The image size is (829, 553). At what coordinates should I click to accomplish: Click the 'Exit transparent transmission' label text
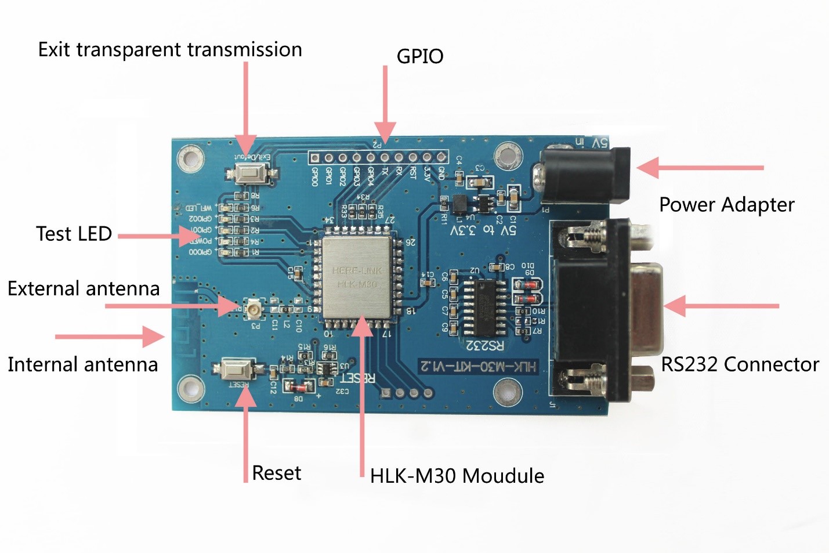point(170,50)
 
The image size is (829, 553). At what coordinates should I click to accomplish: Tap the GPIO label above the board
point(420,56)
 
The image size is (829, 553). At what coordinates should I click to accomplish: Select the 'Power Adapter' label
point(726,205)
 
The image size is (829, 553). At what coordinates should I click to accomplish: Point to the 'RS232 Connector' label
point(740,364)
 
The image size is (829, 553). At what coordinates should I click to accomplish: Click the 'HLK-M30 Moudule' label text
point(457,476)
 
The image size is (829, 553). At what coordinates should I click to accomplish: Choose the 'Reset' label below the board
point(277,473)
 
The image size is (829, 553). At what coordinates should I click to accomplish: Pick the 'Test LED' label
point(74,234)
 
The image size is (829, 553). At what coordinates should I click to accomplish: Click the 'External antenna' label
point(84,288)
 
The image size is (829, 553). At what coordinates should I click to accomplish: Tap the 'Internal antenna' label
point(83,364)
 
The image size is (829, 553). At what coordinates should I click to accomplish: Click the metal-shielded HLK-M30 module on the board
point(356,277)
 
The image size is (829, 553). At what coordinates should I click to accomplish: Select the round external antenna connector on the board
point(254,309)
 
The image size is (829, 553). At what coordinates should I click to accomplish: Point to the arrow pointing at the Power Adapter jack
point(699,167)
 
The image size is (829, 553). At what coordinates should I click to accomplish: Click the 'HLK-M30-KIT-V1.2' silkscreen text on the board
point(478,366)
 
